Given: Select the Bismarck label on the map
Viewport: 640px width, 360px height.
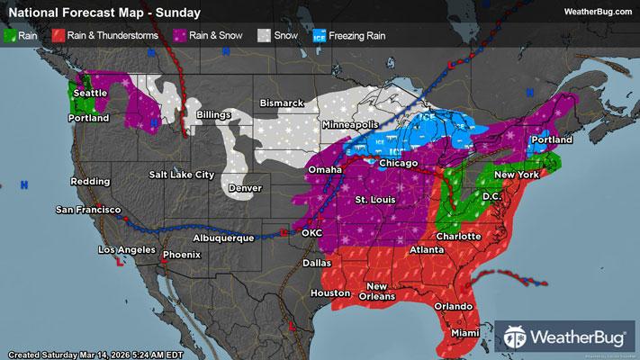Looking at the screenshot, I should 282,103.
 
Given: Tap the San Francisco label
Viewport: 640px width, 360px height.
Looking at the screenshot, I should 88,210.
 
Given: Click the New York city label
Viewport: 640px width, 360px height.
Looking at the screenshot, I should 516,174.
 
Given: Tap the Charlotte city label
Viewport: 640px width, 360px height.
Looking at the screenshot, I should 459,236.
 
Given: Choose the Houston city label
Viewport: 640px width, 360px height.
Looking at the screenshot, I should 329,293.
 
